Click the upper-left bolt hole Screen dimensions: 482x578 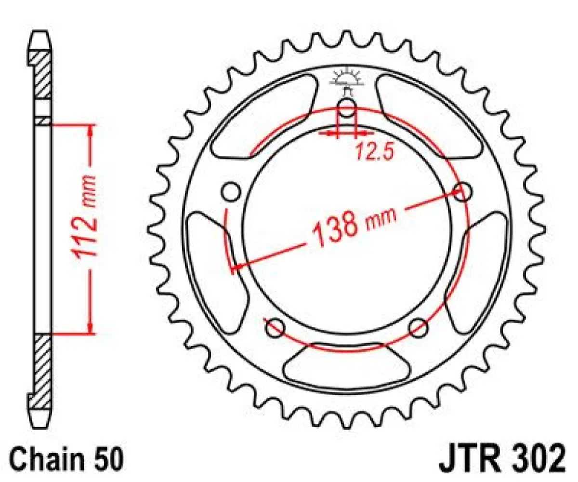pos(231,192)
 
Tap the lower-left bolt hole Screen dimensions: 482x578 pos(276,328)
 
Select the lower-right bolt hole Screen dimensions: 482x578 pos(418,328)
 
